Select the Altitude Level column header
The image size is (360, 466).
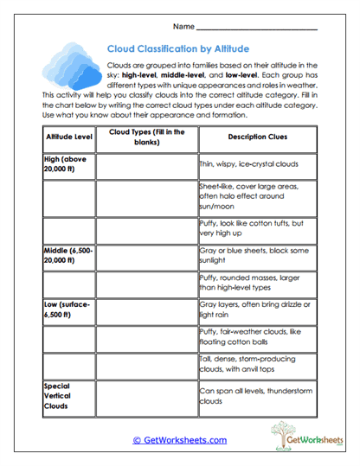pyautogui.click(x=68, y=137)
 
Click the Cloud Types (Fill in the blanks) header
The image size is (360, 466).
pyautogui.click(x=146, y=137)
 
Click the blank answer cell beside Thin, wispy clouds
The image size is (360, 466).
pyautogui.click(x=146, y=164)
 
